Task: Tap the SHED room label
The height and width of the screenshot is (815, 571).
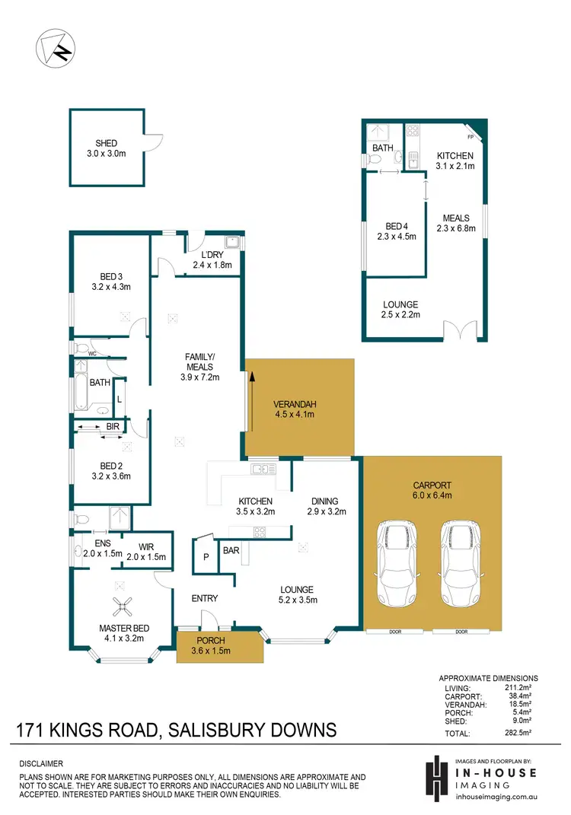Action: click(x=107, y=143)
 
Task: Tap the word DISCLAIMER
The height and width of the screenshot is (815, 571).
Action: click(x=42, y=762)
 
